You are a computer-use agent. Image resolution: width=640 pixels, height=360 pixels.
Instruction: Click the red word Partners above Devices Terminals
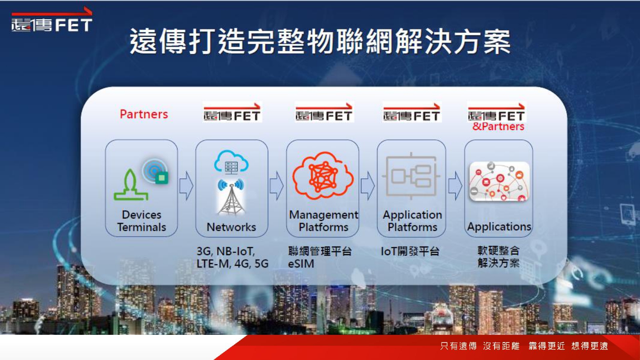(x=144, y=114)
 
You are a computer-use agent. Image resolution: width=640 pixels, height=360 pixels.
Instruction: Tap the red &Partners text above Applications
(x=498, y=127)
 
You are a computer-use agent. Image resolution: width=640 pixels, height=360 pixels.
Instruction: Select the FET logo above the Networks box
(x=232, y=112)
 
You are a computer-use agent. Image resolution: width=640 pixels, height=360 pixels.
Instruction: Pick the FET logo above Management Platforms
(x=324, y=112)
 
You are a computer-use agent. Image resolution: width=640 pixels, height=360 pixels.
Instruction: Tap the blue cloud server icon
(x=231, y=162)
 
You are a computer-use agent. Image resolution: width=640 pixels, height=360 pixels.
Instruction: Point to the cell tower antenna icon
(x=231, y=197)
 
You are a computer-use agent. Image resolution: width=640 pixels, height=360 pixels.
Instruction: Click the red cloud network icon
(x=323, y=175)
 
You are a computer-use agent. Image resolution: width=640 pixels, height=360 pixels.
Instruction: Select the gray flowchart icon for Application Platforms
(x=411, y=176)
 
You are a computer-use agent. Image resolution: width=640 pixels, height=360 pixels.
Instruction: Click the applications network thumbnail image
(x=499, y=181)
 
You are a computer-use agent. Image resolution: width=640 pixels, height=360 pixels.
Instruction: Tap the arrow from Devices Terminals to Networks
(x=186, y=186)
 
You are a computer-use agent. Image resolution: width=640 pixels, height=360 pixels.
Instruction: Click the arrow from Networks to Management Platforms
(x=276, y=186)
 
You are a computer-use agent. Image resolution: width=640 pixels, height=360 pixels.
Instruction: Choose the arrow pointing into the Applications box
(x=455, y=186)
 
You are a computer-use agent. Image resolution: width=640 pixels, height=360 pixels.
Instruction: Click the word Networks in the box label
(x=231, y=227)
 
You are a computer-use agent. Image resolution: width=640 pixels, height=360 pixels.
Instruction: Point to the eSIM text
(x=301, y=264)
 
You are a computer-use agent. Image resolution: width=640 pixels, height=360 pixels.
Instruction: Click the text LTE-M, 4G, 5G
(x=232, y=264)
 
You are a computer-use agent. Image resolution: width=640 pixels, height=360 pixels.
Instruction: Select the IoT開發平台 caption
(x=410, y=251)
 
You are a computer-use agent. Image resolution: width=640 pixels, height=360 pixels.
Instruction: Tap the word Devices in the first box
(x=141, y=215)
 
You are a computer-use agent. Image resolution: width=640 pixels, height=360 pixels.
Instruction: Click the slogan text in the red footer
(x=524, y=346)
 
